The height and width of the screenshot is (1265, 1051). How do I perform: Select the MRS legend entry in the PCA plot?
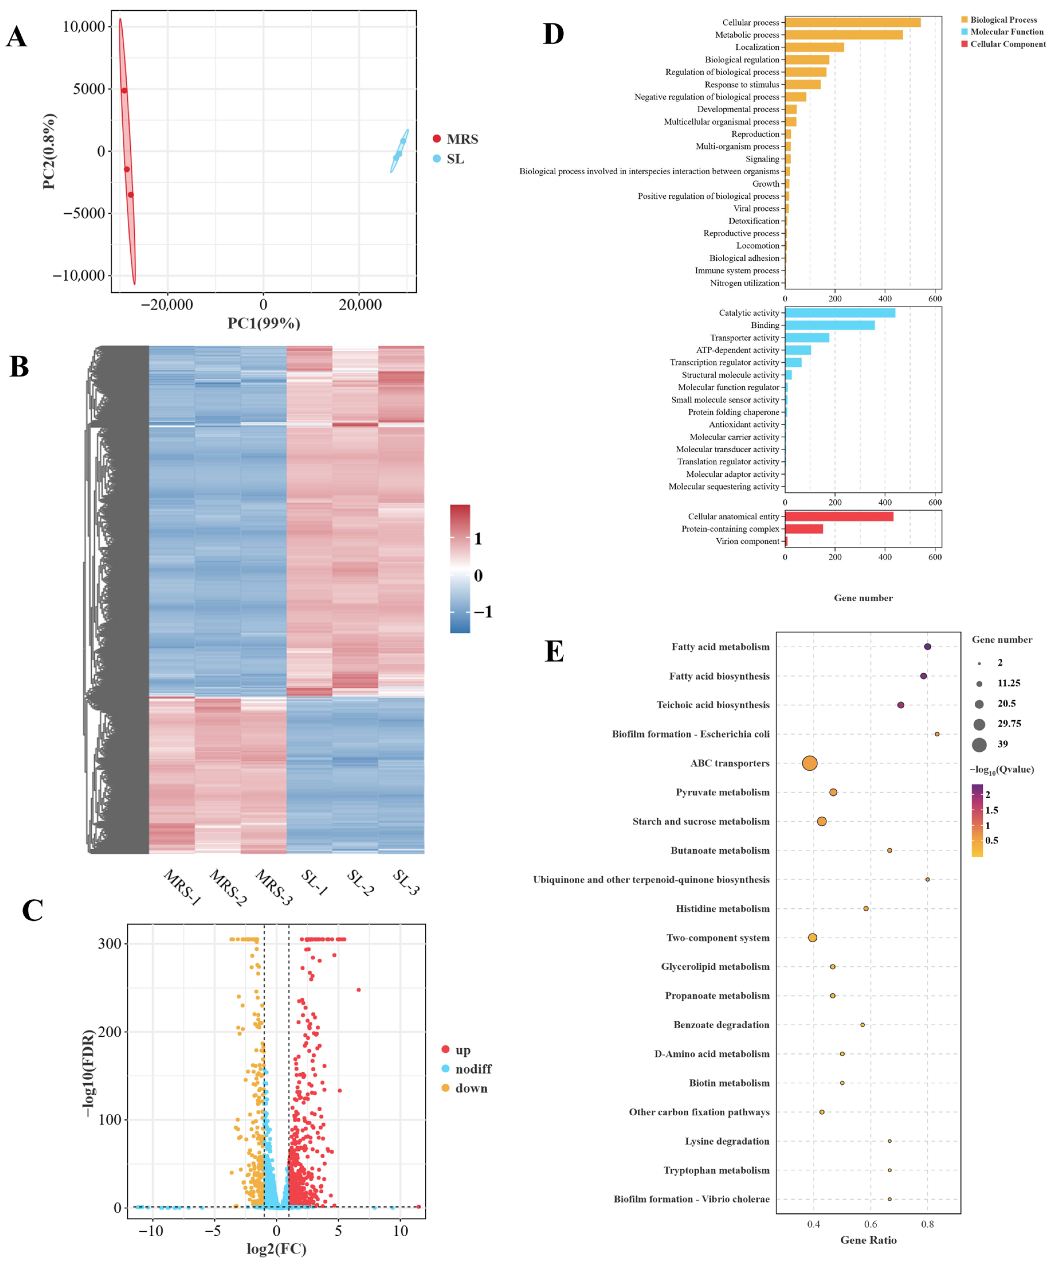(x=455, y=139)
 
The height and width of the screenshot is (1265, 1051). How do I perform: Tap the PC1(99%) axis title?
(x=264, y=323)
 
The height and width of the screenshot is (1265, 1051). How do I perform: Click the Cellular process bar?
(x=852, y=22)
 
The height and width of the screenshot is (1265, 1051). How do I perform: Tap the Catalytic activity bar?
(x=840, y=313)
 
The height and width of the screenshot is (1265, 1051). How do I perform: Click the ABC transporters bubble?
(x=810, y=763)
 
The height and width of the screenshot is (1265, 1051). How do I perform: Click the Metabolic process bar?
(x=843, y=35)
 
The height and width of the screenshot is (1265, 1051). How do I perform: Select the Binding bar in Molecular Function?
(x=829, y=325)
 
